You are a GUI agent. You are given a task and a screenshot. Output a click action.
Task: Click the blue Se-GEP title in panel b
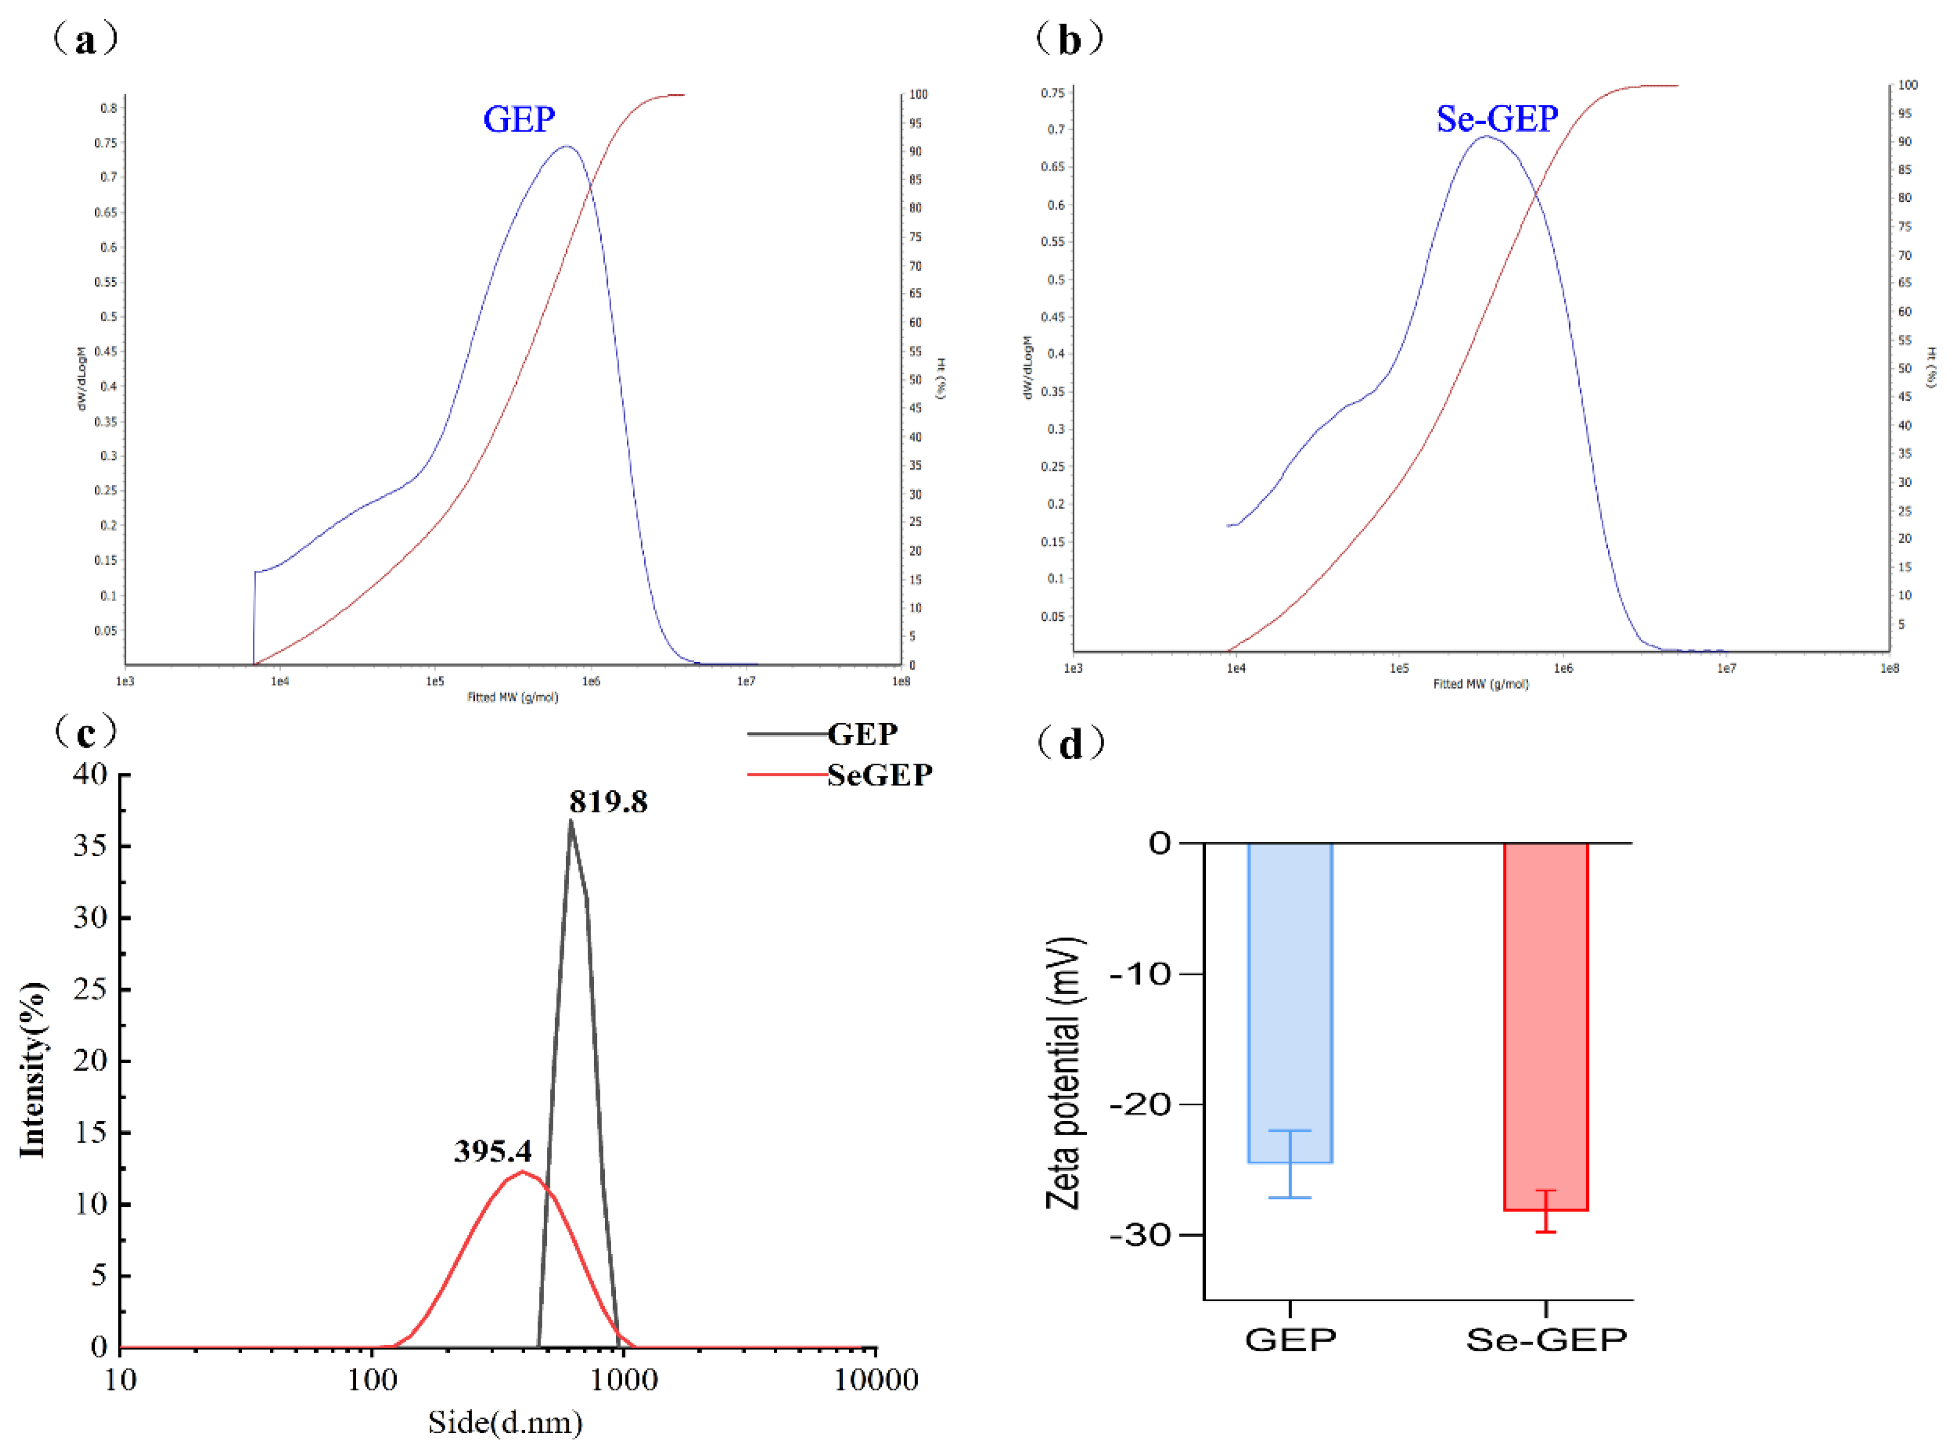point(1497,119)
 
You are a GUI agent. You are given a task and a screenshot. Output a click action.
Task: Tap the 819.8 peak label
point(608,801)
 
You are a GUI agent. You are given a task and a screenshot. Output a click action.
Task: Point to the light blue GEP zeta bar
point(1290,1001)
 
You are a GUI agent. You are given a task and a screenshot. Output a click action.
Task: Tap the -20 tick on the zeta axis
point(1142,1104)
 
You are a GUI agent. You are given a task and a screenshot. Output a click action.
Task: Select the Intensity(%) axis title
point(33,1070)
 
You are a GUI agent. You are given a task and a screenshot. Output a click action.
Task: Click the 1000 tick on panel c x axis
point(624,1379)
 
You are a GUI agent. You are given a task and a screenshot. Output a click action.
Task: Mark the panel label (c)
point(85,731)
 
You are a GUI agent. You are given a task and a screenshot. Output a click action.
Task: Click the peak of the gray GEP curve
point(570,822)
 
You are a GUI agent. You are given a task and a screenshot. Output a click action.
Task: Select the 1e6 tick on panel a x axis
point(591,680)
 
